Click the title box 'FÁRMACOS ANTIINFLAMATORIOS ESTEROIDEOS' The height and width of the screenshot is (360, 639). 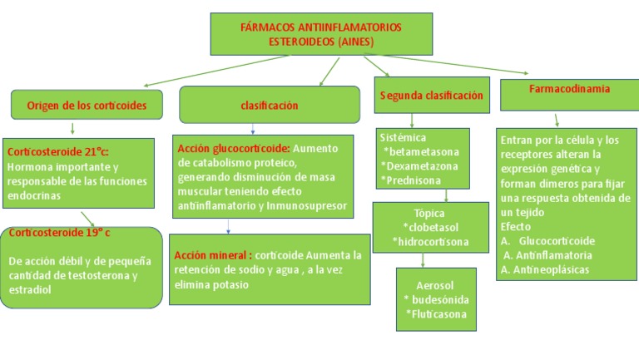tap(320, 34)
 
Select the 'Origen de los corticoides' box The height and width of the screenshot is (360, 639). tap(87, 105)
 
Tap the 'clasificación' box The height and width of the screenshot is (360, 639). tap(269, 106)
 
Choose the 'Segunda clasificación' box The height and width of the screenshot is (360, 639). tap(431, 96)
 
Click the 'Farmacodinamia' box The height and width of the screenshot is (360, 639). tap(568, 88)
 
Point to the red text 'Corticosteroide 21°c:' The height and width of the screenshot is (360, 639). tap(58, 152)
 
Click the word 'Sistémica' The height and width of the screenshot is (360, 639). tap(403, 137)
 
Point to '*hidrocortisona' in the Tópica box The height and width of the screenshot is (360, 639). tap(430, 242)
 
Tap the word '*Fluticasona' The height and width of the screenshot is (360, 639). tap(436, 313)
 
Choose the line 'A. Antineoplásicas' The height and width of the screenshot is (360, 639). tap(546, 269)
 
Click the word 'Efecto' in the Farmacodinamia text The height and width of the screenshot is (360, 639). tap(516, 226)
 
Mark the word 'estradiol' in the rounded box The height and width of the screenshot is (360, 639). tap(30, 289)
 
